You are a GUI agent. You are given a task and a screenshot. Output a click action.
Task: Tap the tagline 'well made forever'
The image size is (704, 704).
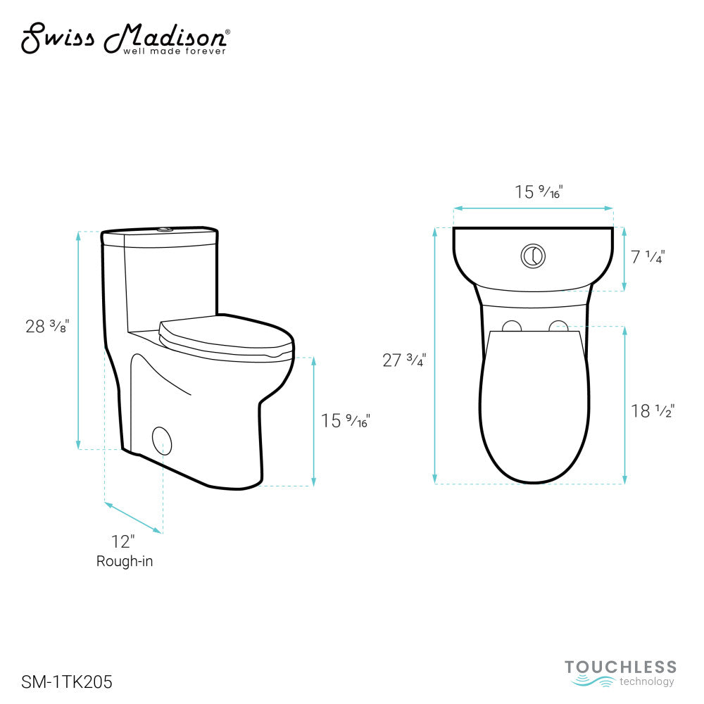(175, 51)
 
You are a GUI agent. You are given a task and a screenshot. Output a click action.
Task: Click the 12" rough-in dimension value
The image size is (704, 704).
(122, 541)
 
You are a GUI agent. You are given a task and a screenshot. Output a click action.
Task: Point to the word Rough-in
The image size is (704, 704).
(125, 561)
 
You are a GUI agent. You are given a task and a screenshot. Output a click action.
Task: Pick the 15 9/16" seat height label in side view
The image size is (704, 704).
(345, 421)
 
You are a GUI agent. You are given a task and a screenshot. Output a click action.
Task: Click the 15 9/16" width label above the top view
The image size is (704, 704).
(539, 191)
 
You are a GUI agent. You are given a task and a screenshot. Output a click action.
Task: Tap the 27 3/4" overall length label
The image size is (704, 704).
(404, 360)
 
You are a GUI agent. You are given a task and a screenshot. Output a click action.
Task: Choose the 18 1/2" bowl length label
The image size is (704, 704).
(653, 411)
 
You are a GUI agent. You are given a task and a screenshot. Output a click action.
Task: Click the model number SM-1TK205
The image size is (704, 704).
(67, 681)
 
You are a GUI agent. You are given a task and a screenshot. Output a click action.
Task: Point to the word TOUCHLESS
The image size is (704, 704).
(620, 667)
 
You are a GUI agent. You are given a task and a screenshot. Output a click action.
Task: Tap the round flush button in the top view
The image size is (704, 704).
(533, 256)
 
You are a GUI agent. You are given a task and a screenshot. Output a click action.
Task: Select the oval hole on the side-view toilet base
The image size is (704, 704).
(162, 440)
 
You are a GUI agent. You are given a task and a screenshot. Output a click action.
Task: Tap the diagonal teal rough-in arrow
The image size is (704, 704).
(134, 517)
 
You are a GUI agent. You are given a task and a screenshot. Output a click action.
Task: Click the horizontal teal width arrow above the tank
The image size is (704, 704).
(533, 208)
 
